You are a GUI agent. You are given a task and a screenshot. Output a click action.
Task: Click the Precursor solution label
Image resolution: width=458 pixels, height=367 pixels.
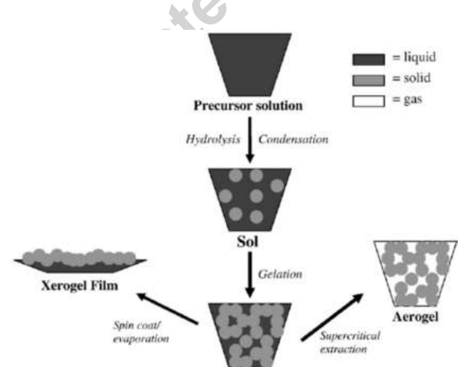(248, 106)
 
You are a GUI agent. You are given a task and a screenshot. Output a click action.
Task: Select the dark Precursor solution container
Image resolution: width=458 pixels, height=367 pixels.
(250, 64)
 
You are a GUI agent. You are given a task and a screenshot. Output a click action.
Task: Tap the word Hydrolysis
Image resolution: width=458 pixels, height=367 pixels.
(213, 139)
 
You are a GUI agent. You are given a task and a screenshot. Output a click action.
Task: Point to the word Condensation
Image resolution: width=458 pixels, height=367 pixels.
(293, 139)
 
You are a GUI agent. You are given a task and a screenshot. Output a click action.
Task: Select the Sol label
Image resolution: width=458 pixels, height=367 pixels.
(248, 242)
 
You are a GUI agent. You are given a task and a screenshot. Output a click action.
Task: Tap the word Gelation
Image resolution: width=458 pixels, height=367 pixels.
(280, 274)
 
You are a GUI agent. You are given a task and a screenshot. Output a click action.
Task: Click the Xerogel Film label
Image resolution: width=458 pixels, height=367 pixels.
(80, 286)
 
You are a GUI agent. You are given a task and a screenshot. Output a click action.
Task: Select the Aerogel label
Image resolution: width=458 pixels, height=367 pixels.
(415, 317)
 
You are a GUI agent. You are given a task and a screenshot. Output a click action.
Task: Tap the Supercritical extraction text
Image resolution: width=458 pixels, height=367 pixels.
(350, 342)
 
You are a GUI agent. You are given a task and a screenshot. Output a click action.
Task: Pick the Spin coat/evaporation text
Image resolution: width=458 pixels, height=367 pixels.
(141, 332)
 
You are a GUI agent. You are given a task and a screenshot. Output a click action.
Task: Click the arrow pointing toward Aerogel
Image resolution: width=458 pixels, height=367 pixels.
(332, 317)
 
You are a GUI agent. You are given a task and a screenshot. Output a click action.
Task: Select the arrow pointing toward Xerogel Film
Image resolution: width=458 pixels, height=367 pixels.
(168, 309)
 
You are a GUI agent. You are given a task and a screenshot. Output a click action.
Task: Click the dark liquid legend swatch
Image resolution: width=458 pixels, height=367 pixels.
(369, 59)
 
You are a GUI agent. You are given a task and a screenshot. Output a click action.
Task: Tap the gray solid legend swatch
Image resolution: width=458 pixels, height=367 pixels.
(369, 80)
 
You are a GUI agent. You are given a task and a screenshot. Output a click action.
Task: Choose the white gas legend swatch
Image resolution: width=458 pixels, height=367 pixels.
(369, 101)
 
